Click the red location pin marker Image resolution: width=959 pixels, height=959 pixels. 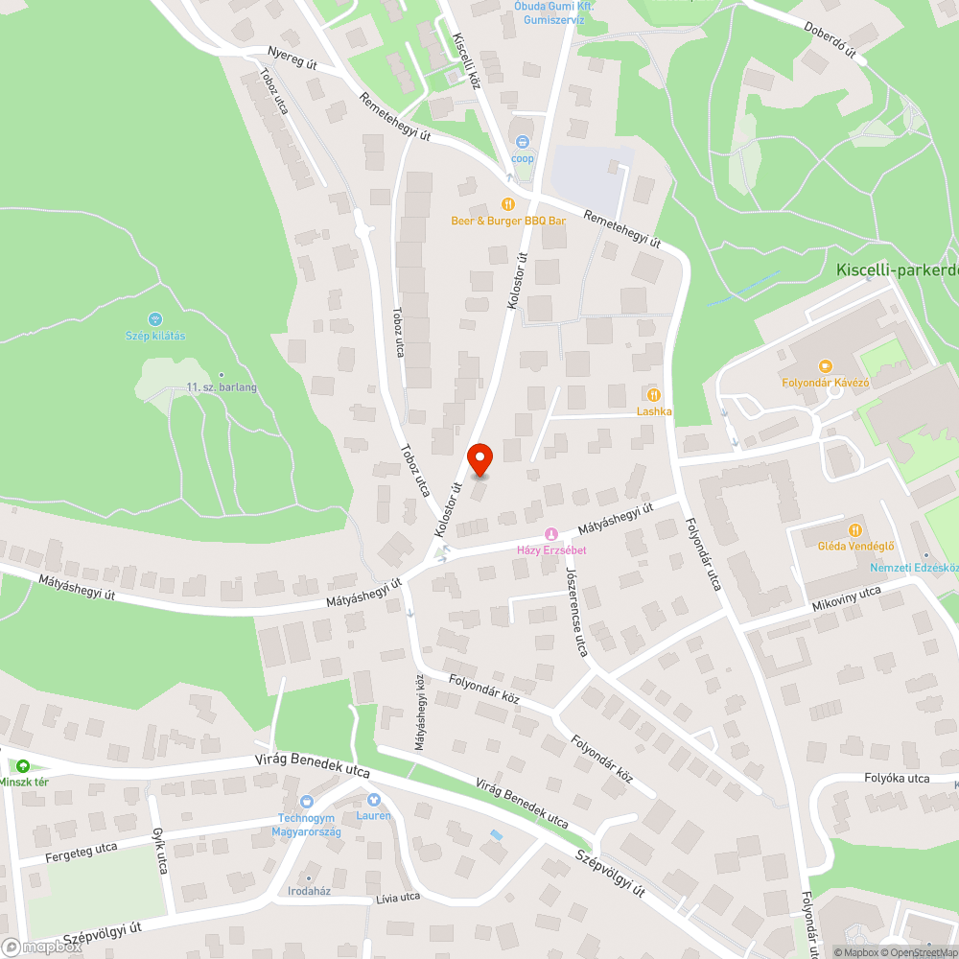click(479, 460)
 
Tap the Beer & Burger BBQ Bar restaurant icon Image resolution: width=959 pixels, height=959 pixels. click(508, 204)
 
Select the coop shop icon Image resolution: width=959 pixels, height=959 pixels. click(523, 142)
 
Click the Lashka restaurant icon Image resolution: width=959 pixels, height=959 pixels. click(654, 394)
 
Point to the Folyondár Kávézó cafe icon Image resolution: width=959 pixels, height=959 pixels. click(824, 366)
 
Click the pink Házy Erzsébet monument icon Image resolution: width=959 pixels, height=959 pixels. click(550, 533)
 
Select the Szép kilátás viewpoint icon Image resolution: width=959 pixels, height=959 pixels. click(155, 318)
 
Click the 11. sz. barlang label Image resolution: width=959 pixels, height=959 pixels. click(222, 387)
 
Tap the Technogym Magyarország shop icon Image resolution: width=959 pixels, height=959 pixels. click(308, 801)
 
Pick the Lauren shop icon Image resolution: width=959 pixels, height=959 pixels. click(374, 799)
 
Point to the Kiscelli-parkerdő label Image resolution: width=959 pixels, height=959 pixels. click(897, 271)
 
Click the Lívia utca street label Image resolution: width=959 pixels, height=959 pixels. click(397, 898)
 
